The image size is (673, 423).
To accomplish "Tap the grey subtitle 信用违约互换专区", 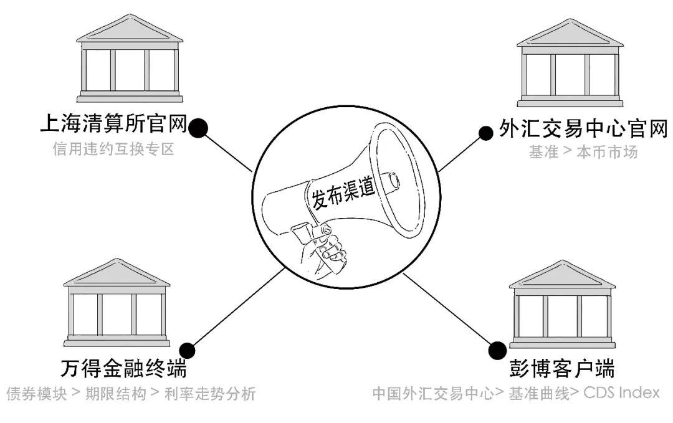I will [x=113, y=150].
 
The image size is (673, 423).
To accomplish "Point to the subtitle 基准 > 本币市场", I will [x=583, y=152].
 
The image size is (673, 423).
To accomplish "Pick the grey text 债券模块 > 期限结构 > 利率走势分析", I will [x=130, y=394].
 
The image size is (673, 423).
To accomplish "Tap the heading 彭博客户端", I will [x=561, y=369].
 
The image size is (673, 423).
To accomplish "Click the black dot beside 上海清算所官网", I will [x=199, y=128].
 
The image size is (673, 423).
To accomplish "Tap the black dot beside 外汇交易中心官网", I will [x=484, y=131].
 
